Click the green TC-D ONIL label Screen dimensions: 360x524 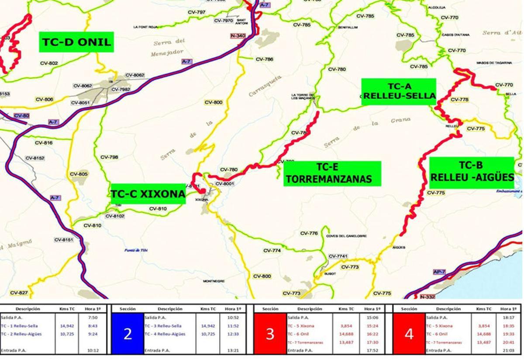coord(76,42)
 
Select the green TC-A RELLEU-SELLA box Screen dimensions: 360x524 coord(399,91)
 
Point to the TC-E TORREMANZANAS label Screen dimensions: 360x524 coord(332,173)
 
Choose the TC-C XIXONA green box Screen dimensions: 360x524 coord(148,194)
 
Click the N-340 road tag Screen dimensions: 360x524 coord(238,35)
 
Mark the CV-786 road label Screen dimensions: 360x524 coord(264,59)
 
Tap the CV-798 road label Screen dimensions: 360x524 coord(109,157)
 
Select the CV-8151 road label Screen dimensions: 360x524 coord(64,240)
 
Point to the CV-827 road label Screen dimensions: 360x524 coord(19,293)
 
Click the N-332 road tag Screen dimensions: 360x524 coord(427,297)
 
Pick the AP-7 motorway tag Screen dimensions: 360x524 coord(439,272)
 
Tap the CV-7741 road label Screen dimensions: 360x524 coord(338,256)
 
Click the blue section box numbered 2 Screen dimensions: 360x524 coord(128,334)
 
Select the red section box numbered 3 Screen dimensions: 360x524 coord(270,334)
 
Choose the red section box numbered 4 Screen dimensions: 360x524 coord(409,334)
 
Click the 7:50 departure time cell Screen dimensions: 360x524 coord(92,318)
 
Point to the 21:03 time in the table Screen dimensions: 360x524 coord(508,350)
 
